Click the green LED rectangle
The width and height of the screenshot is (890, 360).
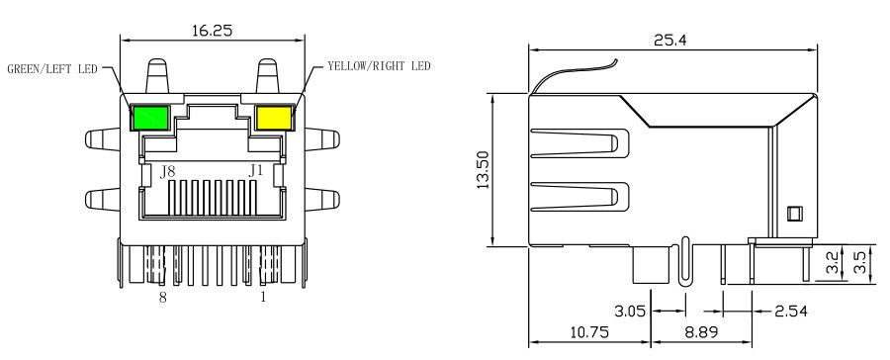(150, 118)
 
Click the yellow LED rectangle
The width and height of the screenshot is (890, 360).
(274, 118)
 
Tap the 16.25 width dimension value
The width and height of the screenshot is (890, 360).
(213, 31)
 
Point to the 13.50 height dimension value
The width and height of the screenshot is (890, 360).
(483, 170)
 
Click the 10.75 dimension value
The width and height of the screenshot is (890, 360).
(588, 331)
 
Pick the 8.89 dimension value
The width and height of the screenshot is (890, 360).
(701, 331)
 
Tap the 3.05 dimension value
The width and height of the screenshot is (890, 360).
(630, 312)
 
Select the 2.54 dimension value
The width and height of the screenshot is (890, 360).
(791, 312)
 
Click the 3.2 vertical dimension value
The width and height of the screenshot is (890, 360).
(833, 263)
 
